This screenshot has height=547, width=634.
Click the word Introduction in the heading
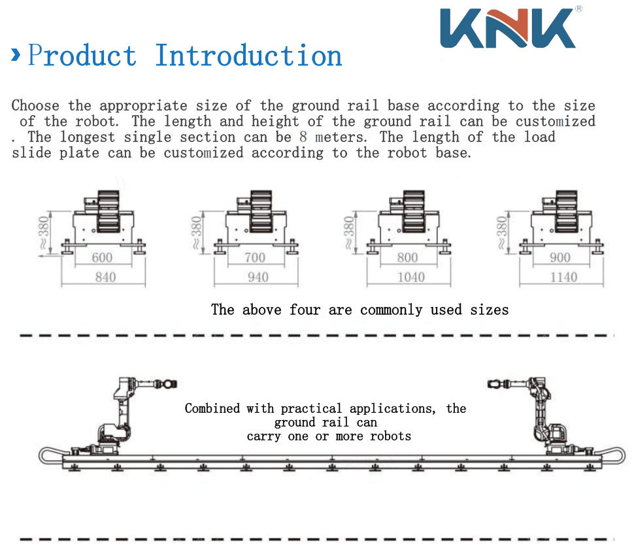coord(248,55)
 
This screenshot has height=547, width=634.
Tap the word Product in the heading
coord(82,55)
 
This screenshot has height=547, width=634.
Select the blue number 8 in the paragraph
coord(303,137)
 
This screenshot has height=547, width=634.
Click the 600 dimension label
coord(102,258)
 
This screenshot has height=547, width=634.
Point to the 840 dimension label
coord(105,277)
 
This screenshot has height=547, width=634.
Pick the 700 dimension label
coord(255,258)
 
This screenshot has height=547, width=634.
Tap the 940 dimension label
coord(258,277)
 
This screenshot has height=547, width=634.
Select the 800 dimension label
coord(407,258)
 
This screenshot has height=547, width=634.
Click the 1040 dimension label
coord(411,277)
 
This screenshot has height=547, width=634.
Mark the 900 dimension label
coord(560,258)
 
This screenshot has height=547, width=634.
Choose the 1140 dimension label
coord(563,277)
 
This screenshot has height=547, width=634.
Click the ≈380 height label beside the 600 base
coord(43,232)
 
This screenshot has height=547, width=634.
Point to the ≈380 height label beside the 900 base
coord(501,232)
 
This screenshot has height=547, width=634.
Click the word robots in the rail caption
coord(390,436)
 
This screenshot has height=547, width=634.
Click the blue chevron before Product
coord(16,55)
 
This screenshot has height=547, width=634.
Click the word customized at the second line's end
coord(555,121)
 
